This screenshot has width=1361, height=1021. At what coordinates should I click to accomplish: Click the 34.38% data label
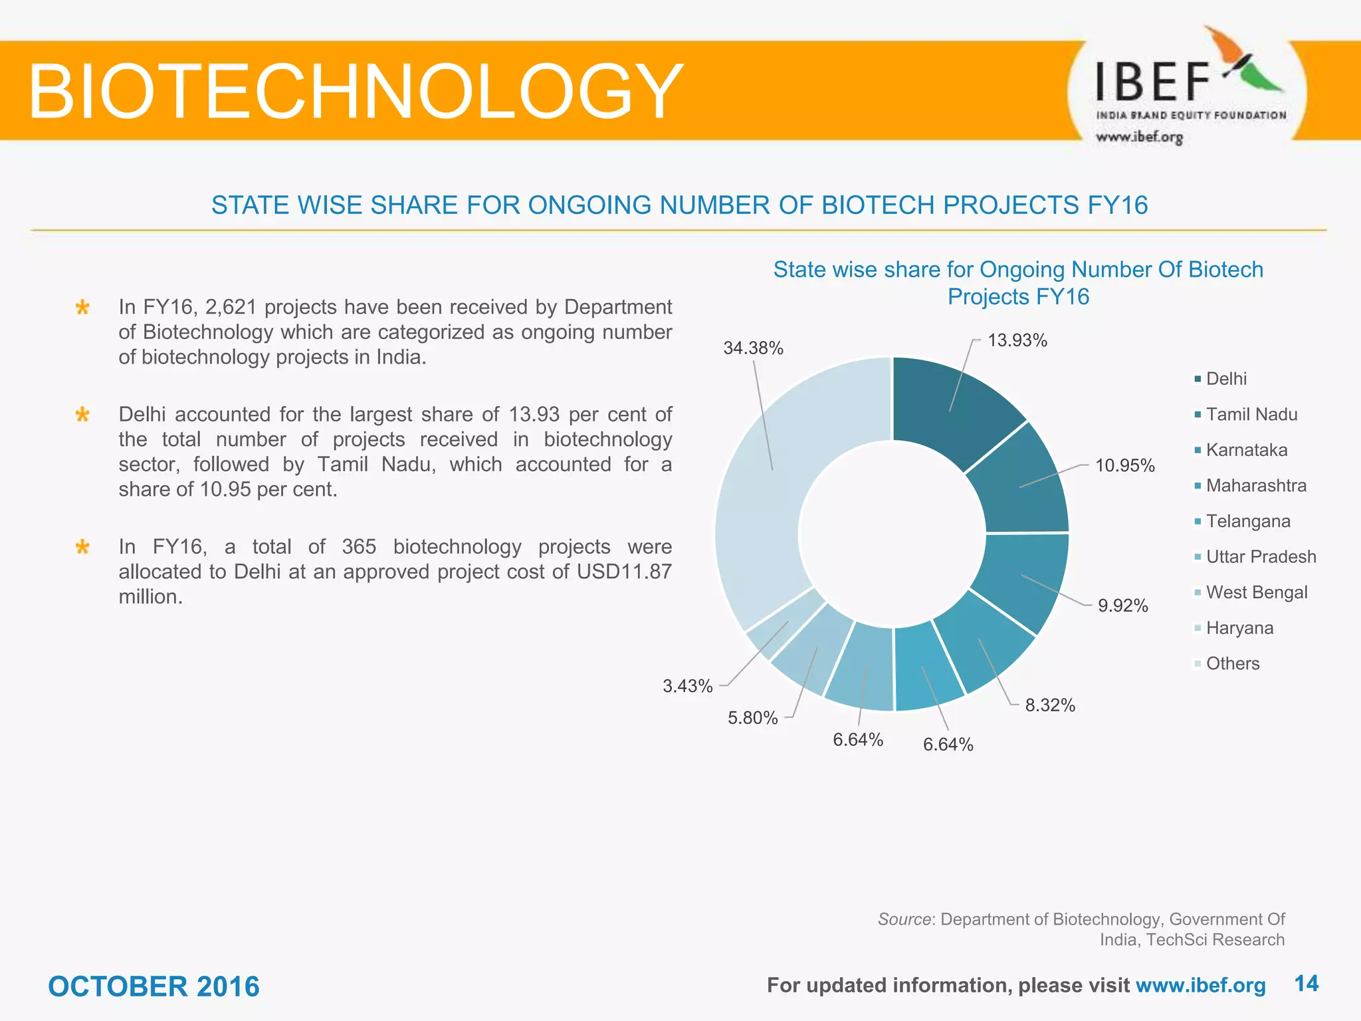click(x=753, y=348)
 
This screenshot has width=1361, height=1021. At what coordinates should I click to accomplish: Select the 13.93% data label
click(x=1017, y=340)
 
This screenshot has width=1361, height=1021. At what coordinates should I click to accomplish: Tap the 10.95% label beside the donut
click(x=1124, y=465)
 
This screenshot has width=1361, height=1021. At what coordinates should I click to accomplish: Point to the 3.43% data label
click(x=687, y=686)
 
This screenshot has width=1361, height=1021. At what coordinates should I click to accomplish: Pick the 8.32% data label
click(x=1049, y=705)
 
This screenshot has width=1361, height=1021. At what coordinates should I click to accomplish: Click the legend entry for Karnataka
click(x=1246, y=450)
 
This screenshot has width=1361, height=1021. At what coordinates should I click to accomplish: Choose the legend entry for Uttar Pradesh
click(x=1260, y=556)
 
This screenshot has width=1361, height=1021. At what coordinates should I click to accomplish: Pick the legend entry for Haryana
click(x=1239, y=627)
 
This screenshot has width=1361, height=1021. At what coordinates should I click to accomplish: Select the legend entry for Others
click(x=1232, y=663)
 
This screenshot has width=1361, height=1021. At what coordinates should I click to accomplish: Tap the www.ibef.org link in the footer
click(x=1200, y=985)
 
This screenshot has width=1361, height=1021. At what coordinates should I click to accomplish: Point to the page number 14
click(x=1307, y=984)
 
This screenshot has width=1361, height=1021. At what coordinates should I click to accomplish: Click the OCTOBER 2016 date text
click(x=154, y=986)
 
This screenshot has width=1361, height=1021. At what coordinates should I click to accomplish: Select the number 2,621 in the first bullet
click(x=231, y=307)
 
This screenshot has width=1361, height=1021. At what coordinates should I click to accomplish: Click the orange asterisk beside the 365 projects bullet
click(x=82, y=548)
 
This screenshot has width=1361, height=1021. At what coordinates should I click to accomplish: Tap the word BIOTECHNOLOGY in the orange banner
click(x=356, y=91)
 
